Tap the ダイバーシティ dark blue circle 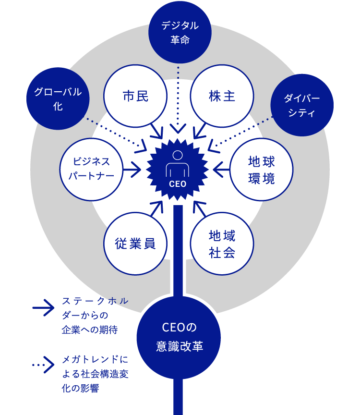[302, 105]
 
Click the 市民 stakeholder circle [135, 96]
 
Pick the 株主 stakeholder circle [222, 96]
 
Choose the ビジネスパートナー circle [91, 169]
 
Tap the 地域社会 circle [222, 244]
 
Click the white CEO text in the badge [178, 183]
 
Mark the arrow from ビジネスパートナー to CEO [132, 169]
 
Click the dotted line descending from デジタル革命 [178, 96]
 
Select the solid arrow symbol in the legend [44, 308]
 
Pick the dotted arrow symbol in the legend [44, 365]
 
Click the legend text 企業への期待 [89, 330]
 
